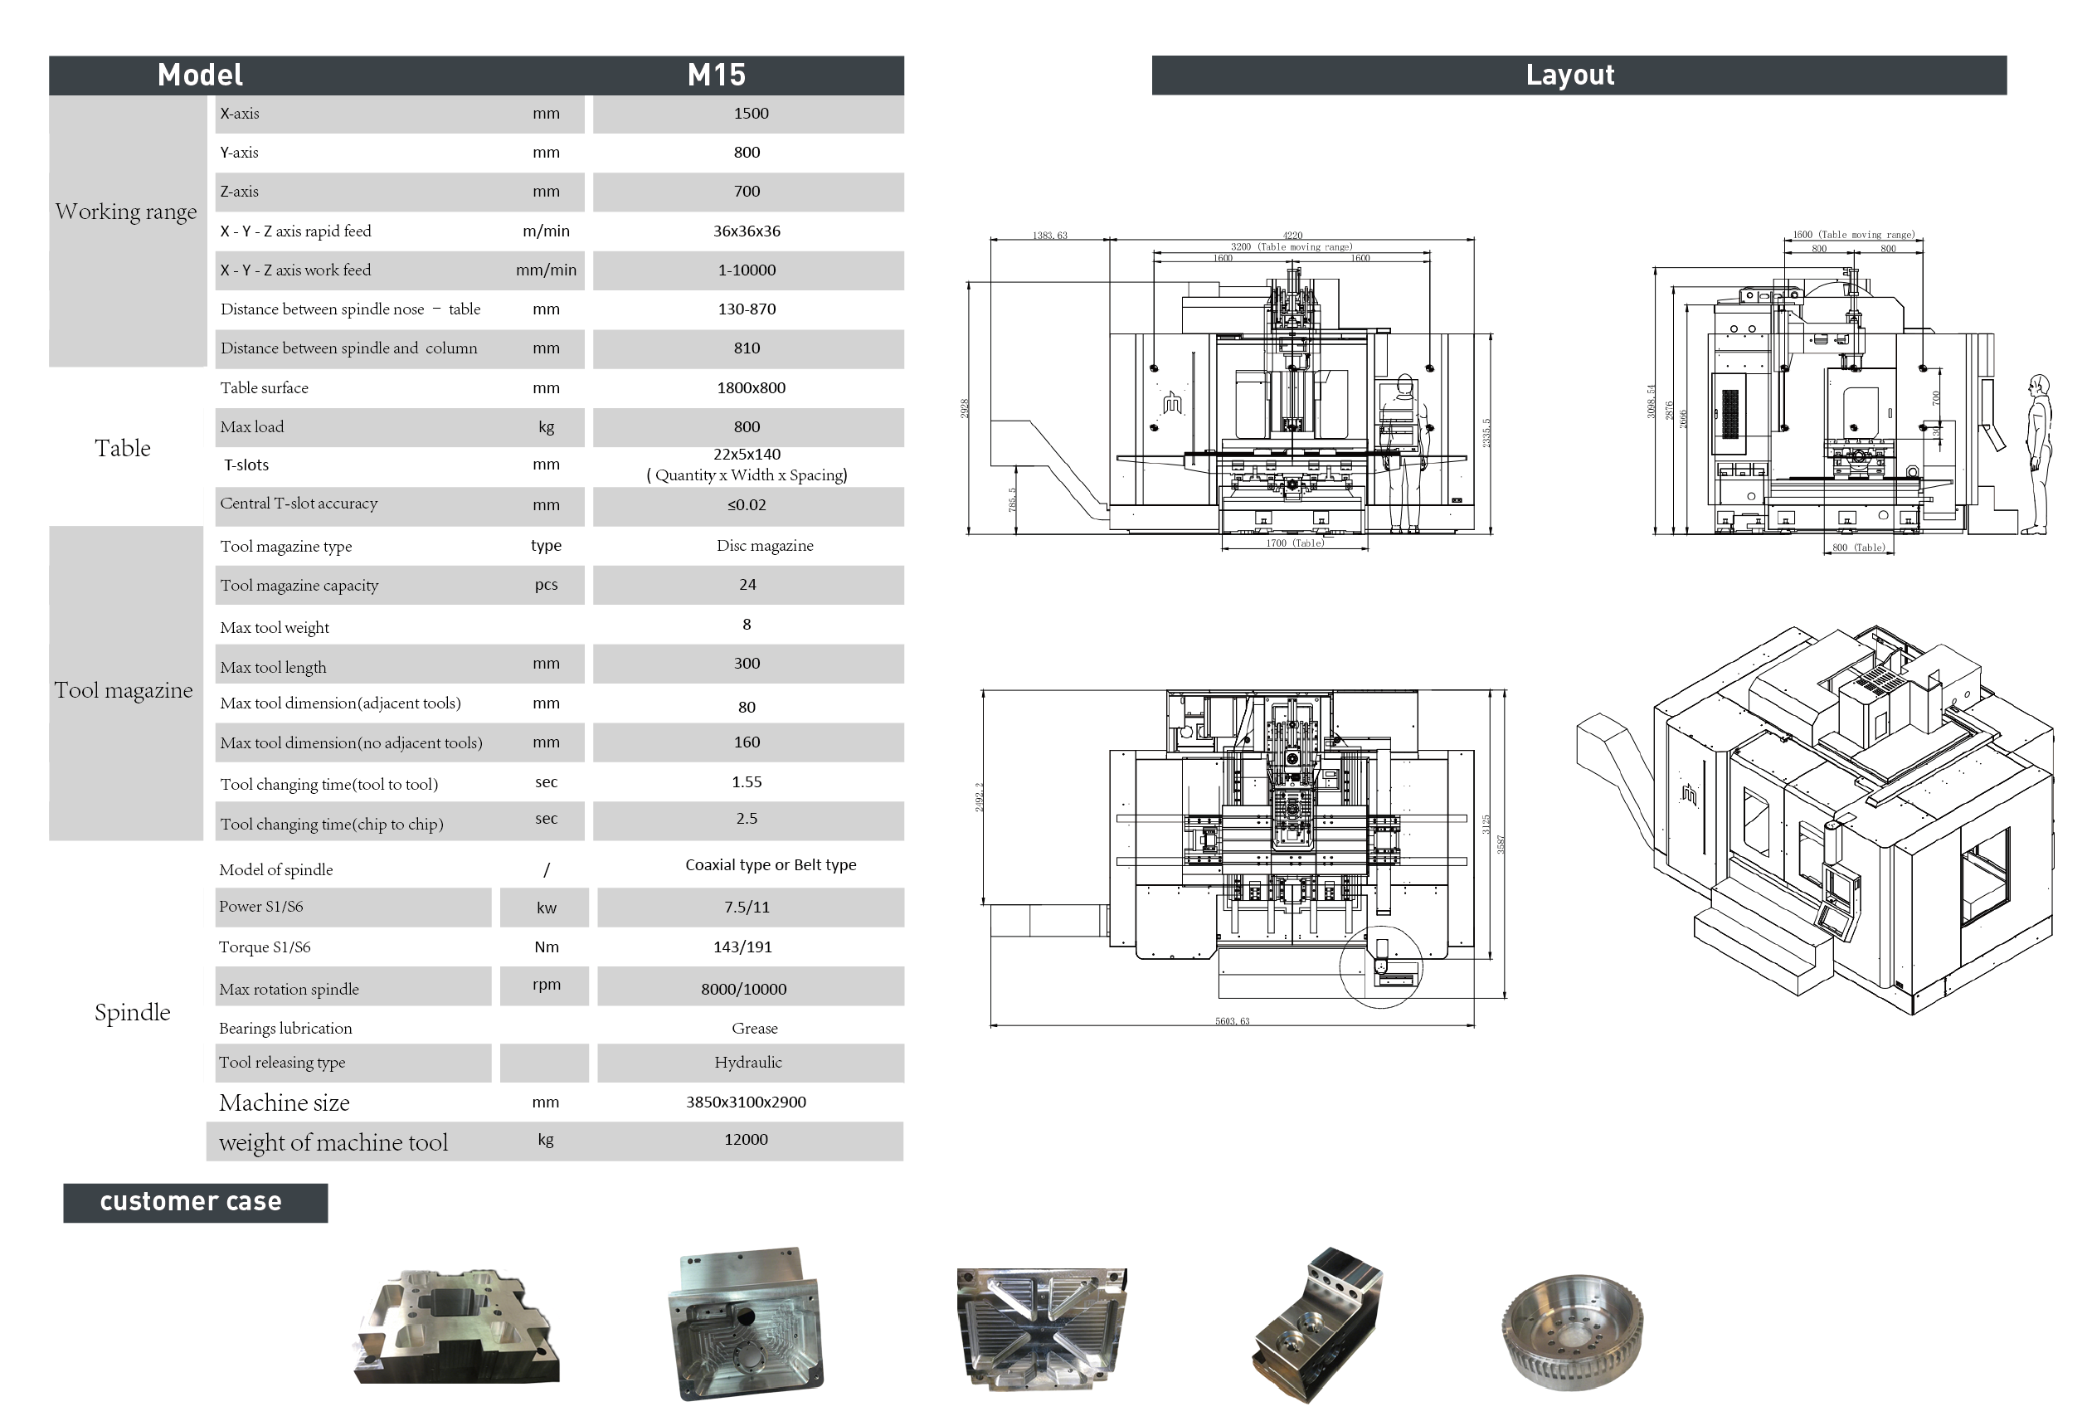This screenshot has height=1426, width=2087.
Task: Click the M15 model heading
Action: pos(716,75)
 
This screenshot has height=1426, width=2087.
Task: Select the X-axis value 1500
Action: pos(751,113)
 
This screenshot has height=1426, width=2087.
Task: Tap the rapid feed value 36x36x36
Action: pos(747,231)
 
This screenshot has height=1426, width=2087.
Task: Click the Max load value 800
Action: pos(747,426)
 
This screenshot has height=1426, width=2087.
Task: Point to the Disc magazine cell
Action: pos(764,545)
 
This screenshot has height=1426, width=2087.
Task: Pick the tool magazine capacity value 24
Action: pos(747,585)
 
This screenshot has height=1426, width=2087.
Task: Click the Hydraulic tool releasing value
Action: pos(748,1063)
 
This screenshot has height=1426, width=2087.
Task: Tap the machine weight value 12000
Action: pos(746,1140)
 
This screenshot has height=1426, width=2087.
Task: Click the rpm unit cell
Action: pos(546,984)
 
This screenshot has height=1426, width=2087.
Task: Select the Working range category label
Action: pos(126,212)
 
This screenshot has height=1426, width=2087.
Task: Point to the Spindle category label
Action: pos(132,1012)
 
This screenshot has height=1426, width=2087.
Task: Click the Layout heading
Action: pos(1569,75)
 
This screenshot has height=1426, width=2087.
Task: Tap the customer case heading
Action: pos(192,1201)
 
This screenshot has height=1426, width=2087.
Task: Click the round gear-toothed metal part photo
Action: pos(1572,1331)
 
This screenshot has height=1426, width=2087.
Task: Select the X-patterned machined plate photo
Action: pos(1042,1327)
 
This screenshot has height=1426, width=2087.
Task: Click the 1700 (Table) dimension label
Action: pos(1295,543)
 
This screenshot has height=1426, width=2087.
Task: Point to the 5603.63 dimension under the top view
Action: pos(1232,1021)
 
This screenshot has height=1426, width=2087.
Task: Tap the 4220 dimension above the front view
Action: pos(1292,236)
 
